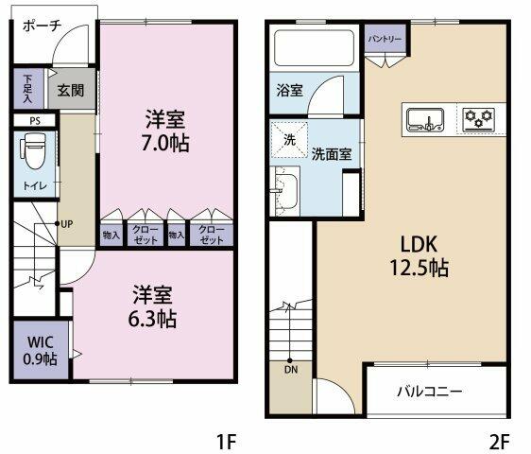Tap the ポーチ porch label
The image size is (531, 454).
43,26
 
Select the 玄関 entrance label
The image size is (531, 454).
71,90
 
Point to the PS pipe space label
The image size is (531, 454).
35,121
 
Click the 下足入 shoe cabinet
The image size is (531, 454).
28,89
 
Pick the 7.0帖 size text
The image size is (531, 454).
165,143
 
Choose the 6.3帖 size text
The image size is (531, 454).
152,319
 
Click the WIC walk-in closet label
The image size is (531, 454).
41,342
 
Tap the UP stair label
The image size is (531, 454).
67,224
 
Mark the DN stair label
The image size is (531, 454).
291,370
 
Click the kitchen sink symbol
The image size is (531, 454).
425,119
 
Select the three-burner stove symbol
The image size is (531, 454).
478,119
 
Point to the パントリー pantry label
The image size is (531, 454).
385,39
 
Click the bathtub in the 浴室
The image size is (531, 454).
315,48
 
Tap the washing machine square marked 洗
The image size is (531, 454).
289,140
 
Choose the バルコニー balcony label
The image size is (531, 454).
429,392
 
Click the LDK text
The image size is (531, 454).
419,244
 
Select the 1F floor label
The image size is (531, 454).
226,442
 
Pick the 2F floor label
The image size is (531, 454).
499,442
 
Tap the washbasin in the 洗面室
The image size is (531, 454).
286,191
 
